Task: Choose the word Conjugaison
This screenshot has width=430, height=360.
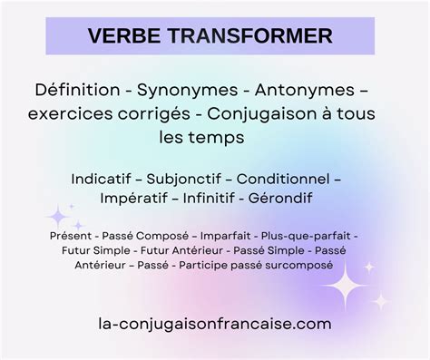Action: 279,115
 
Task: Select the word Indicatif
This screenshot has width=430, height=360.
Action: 107,180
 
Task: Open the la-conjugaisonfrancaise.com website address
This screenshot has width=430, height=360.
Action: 214,323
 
